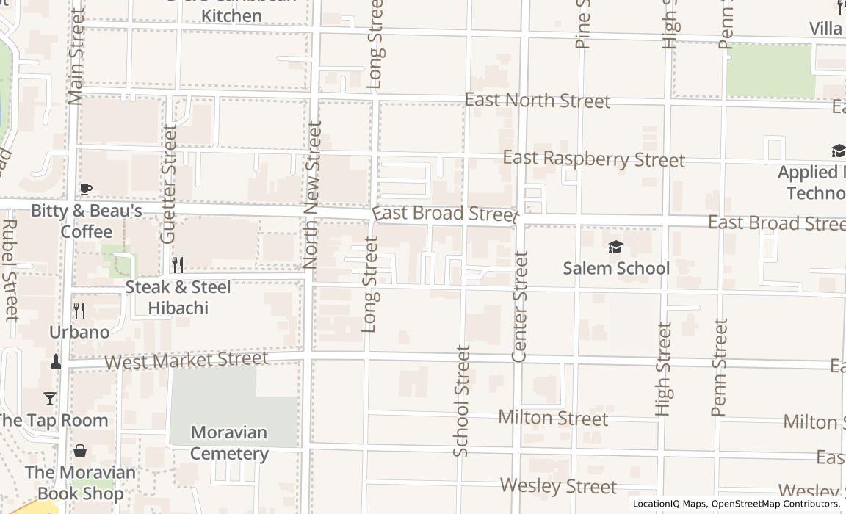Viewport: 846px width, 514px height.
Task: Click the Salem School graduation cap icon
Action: [615, 247]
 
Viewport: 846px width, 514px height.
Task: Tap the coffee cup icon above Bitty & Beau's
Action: [86, 189]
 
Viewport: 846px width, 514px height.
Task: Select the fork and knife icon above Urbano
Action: [79, 311]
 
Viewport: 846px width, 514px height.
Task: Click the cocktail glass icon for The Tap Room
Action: [50, 399]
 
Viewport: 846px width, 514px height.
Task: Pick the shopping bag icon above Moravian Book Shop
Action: [80, 451]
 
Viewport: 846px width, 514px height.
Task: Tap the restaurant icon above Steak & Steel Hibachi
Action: [177, 264]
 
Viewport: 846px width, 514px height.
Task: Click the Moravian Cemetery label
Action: [229, 443]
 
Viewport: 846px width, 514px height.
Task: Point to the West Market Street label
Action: [186, 361]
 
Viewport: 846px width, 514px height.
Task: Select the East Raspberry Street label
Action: [593, 159]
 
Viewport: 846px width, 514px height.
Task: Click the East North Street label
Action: [538, 101]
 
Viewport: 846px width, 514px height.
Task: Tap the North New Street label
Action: [313, 195]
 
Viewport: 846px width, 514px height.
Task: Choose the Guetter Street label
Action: [170, 184]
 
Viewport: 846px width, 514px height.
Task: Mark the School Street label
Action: [461, 401]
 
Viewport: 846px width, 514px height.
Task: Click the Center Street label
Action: [520, 306]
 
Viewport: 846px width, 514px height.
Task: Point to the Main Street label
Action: [76, 57]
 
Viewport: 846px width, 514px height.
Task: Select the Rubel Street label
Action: [10, 270]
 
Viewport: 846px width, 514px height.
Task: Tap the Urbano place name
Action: [79, 332]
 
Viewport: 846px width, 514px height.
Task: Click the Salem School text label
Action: [616, 268]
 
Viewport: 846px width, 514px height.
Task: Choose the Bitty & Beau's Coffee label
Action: [86, 221]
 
